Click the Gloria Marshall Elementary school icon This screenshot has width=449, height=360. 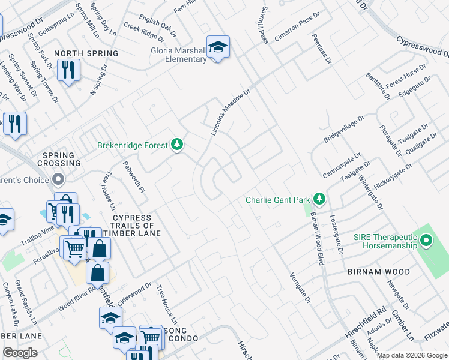click(x=218, y=47)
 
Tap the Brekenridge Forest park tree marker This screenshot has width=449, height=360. click(x=176, y=145)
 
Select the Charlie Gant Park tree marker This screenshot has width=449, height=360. click(x=319, y=199)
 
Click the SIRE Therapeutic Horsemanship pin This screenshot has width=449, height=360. click(x=426, y=241)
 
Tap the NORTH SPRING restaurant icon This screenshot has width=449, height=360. click(x=68, y=71)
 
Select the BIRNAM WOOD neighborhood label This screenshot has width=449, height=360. click(x=379, y=272)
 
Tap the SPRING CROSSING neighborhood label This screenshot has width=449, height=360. click(x=58, y=160)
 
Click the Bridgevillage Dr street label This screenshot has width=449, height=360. click(x=344, y=128)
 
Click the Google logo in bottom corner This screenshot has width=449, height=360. click(x=20, y=353)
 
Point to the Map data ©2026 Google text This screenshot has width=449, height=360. click(x=411, y=355)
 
